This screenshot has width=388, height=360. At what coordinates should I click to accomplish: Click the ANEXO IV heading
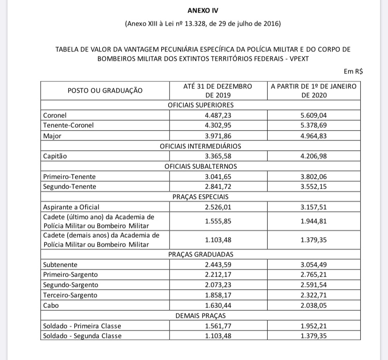[203, 10]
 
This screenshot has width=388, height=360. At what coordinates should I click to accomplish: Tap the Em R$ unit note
[353, 72]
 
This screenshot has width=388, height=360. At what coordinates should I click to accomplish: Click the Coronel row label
[55, 115]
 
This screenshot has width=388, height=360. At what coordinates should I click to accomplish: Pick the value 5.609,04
[314, 115]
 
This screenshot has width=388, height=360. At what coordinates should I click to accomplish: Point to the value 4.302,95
[218, 125]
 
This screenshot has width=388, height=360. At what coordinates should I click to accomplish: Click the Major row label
[52, 136]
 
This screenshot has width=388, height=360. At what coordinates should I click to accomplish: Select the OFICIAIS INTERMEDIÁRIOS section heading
[201, 146]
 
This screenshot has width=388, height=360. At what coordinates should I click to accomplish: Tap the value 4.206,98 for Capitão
[314, 156]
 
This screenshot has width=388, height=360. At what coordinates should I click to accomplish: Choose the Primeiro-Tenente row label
[69, 176]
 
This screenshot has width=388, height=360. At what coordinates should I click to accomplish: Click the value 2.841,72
[218, 187]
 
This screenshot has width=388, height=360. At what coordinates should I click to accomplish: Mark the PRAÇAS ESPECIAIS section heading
[201, 197]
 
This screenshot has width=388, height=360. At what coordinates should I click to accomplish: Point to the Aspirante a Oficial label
[71, 207]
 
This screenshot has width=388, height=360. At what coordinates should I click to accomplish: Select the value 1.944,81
[314, 221]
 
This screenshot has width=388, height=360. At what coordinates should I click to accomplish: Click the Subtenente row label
[60, 264]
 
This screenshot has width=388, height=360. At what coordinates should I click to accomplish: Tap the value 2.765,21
[314, 275]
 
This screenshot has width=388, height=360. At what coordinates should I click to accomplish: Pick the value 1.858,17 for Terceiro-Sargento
[218, 295]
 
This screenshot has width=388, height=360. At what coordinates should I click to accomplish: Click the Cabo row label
[50, 305]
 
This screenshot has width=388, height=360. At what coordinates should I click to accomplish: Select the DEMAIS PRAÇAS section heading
[201, 316]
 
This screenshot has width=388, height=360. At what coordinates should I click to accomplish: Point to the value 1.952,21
[314, 326]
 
